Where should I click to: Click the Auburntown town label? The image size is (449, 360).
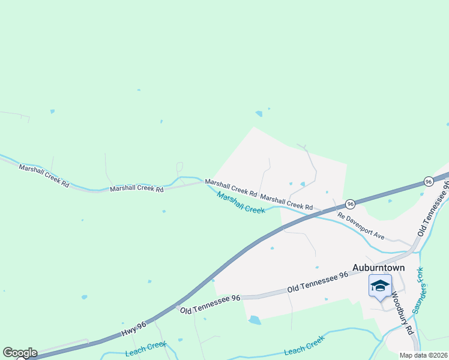coord(378,268)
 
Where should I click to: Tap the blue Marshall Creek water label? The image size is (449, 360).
coord(241,203)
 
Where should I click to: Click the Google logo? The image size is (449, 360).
coord(20,353)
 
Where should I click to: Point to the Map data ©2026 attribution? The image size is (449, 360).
coord(422,355)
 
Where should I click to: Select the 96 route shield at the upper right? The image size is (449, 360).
coord(427,181)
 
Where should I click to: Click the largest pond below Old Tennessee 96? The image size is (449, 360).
coord(255,320)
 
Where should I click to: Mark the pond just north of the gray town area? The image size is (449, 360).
coord(259,113)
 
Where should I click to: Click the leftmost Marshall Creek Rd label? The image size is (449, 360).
coord(44,176)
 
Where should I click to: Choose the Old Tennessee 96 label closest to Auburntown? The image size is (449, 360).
coord(318,282)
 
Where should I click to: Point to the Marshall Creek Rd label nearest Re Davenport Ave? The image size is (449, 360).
coord(286,203)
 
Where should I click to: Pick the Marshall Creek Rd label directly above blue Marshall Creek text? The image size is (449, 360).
coord(231,188)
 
